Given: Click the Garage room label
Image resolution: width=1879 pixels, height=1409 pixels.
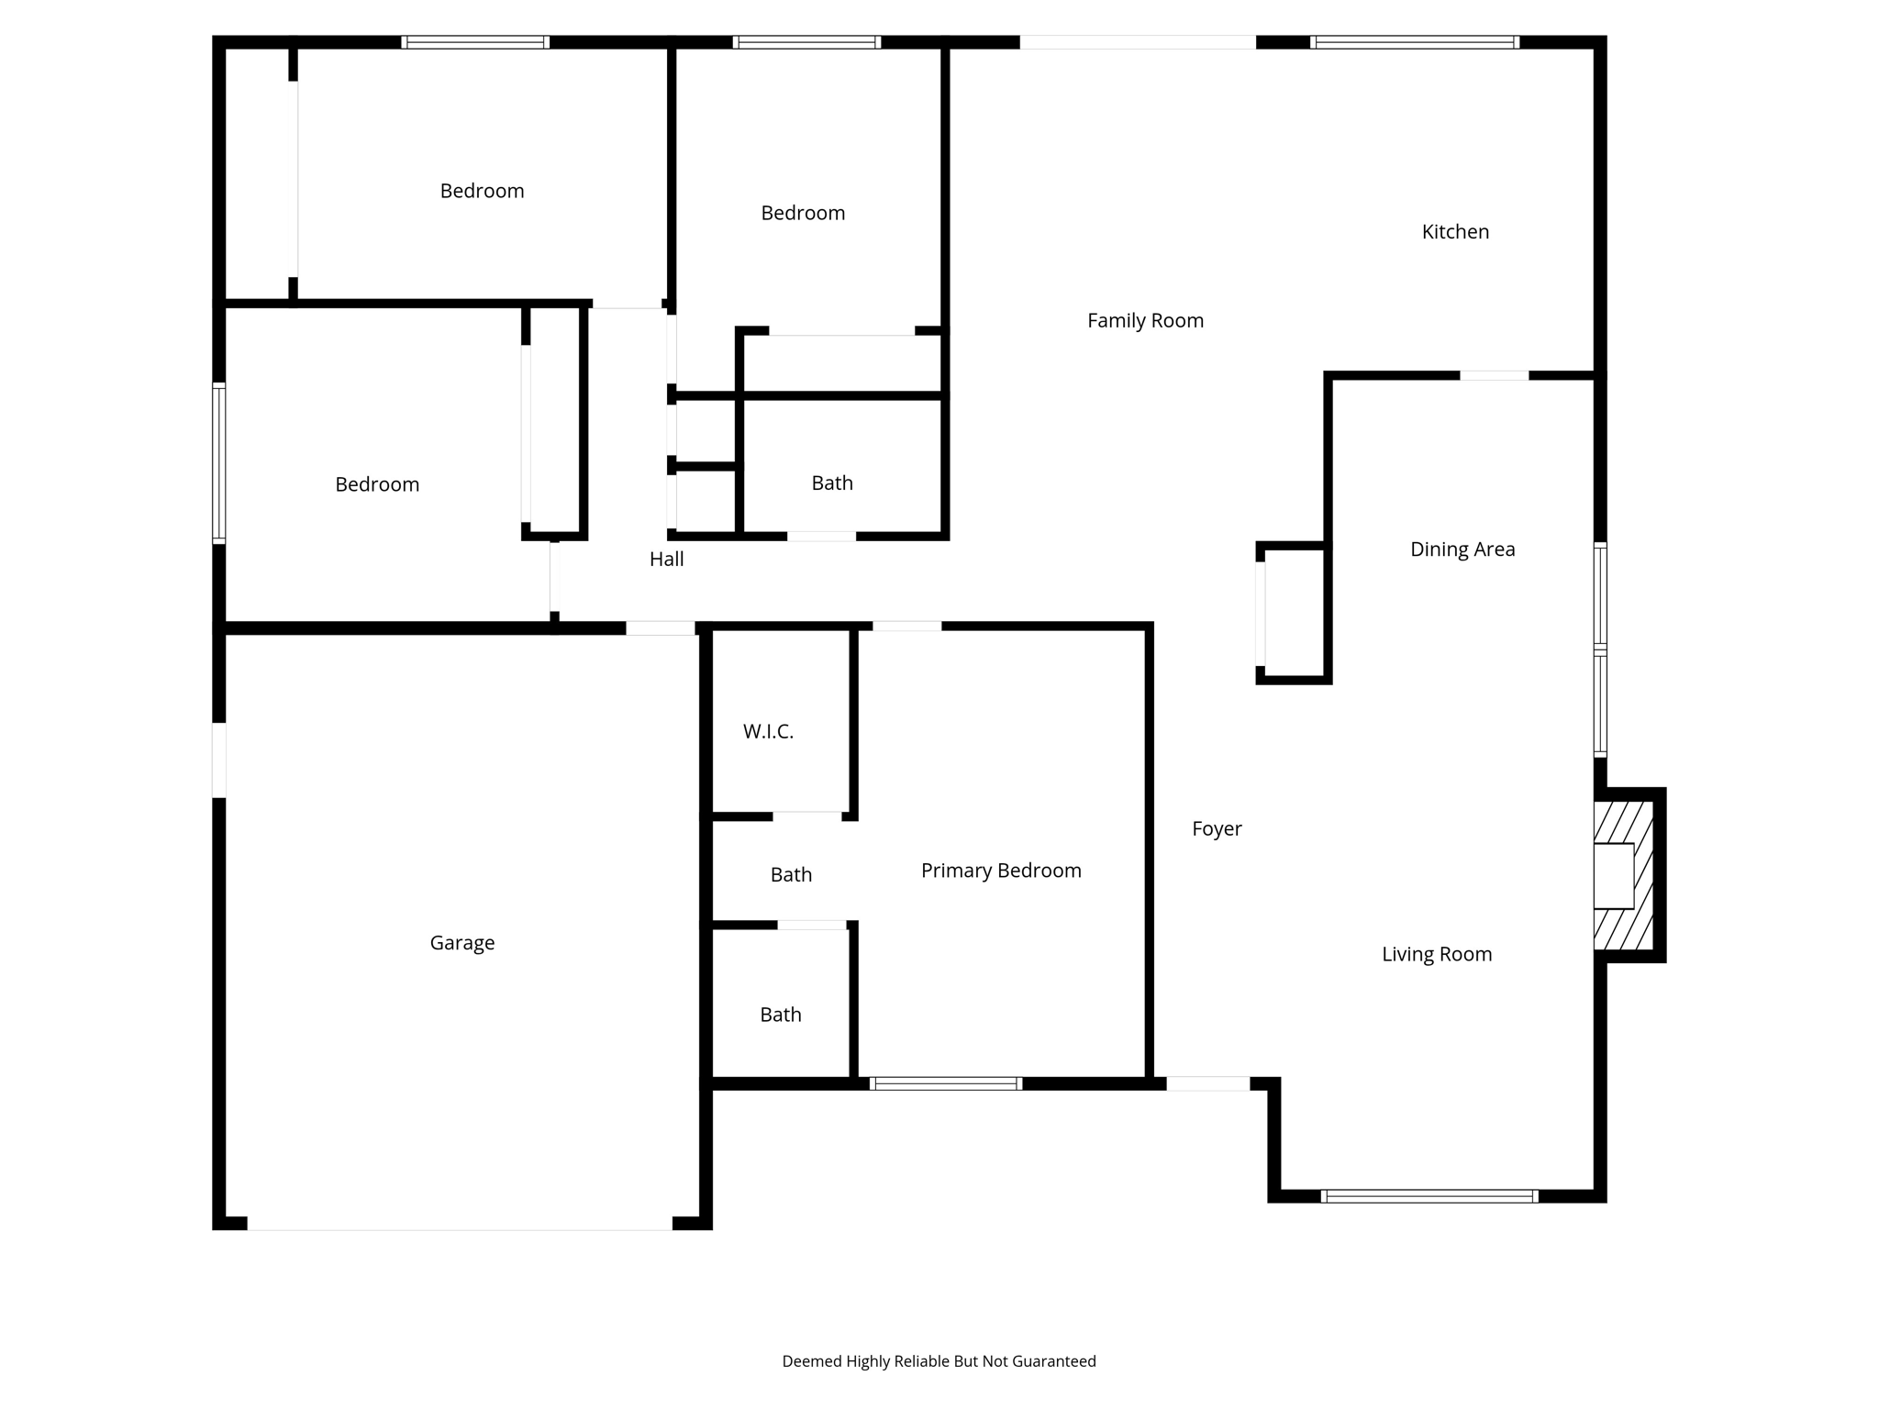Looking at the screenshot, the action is (462, 943).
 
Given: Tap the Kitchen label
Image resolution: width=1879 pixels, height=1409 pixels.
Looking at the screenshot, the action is (1455, 232).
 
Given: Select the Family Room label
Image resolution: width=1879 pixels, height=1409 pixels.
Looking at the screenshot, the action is (1145, 321).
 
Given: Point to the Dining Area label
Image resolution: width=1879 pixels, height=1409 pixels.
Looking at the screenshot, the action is (1462, 549).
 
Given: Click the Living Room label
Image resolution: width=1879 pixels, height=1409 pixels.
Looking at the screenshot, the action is (1437, 955).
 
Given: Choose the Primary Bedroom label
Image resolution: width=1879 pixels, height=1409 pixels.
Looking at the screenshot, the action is (1001, 871).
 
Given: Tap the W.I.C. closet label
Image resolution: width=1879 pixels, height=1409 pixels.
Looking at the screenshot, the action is (768, 732).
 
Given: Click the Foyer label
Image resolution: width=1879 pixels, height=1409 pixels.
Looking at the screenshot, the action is (1217, 829).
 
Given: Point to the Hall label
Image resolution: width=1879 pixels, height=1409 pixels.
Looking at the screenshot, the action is (667, 560).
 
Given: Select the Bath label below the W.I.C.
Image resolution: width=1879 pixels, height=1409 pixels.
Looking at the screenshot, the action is (791, 875).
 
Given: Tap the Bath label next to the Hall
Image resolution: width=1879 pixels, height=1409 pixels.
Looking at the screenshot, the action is (832, 483).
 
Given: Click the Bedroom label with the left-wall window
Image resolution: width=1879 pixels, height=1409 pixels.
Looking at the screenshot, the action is (377, 484).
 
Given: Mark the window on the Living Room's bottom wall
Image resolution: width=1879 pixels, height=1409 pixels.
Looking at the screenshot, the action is (1429, 1196).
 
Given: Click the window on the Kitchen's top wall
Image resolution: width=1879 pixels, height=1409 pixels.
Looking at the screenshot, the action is (1415, 42).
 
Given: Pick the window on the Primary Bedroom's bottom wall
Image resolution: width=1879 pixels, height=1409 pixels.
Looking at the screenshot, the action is (946, 1083).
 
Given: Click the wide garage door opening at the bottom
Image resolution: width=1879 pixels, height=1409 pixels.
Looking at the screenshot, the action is (460, 1224).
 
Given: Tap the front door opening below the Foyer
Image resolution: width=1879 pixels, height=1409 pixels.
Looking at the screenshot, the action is (1207, 1083).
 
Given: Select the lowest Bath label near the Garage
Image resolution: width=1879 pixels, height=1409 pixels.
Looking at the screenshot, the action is (781, 1015).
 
